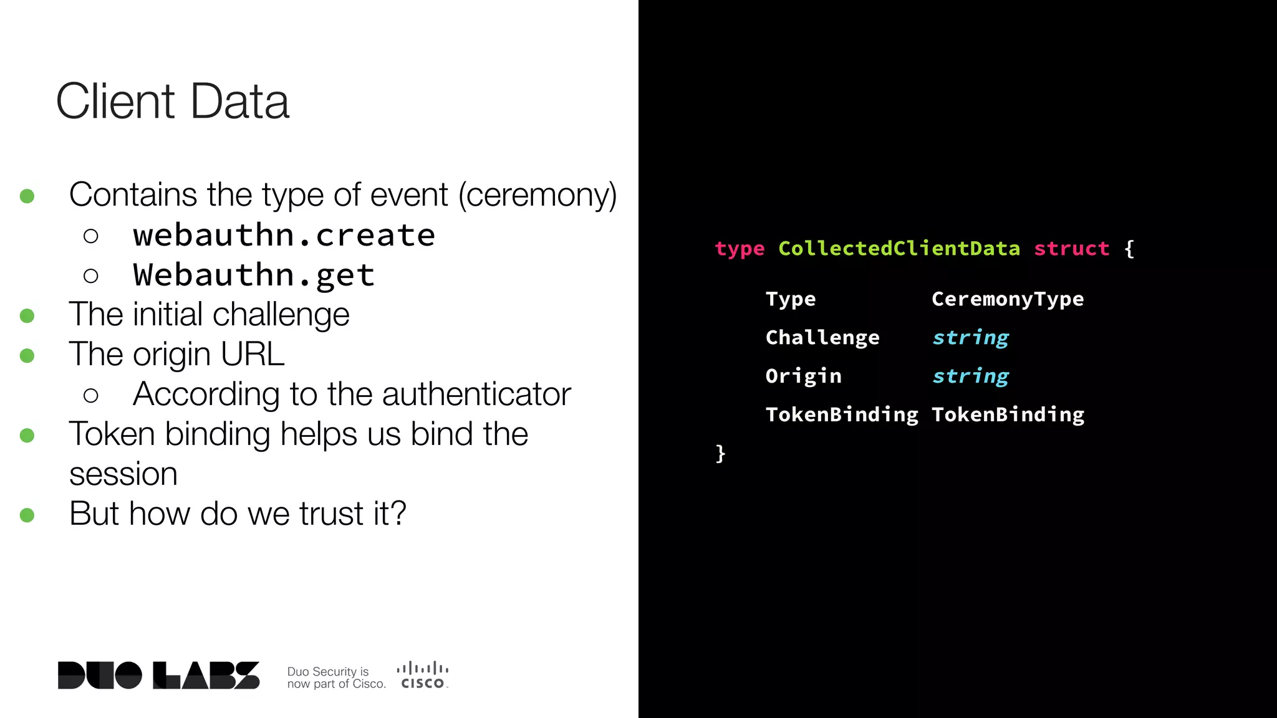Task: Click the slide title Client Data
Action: pos(173,101)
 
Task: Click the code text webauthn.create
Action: pos(284,236)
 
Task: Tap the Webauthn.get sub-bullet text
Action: pos(254,275)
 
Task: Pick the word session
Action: pos(123,474)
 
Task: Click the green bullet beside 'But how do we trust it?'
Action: pos(27,515)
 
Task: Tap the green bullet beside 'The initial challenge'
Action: pos(27,316)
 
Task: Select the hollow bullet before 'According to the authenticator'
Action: pos(91,395)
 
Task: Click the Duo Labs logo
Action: pos(158,675)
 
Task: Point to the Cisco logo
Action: pos(423,676)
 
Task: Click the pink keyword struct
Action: pos(1071,249)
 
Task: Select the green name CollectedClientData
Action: pos(899,249)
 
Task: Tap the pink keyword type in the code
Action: pos(740,249)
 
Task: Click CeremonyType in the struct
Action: pos(1008,299)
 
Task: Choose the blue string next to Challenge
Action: pos(970,338)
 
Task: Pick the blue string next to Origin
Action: pos(970,376)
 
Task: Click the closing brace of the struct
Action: pos(721,453)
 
